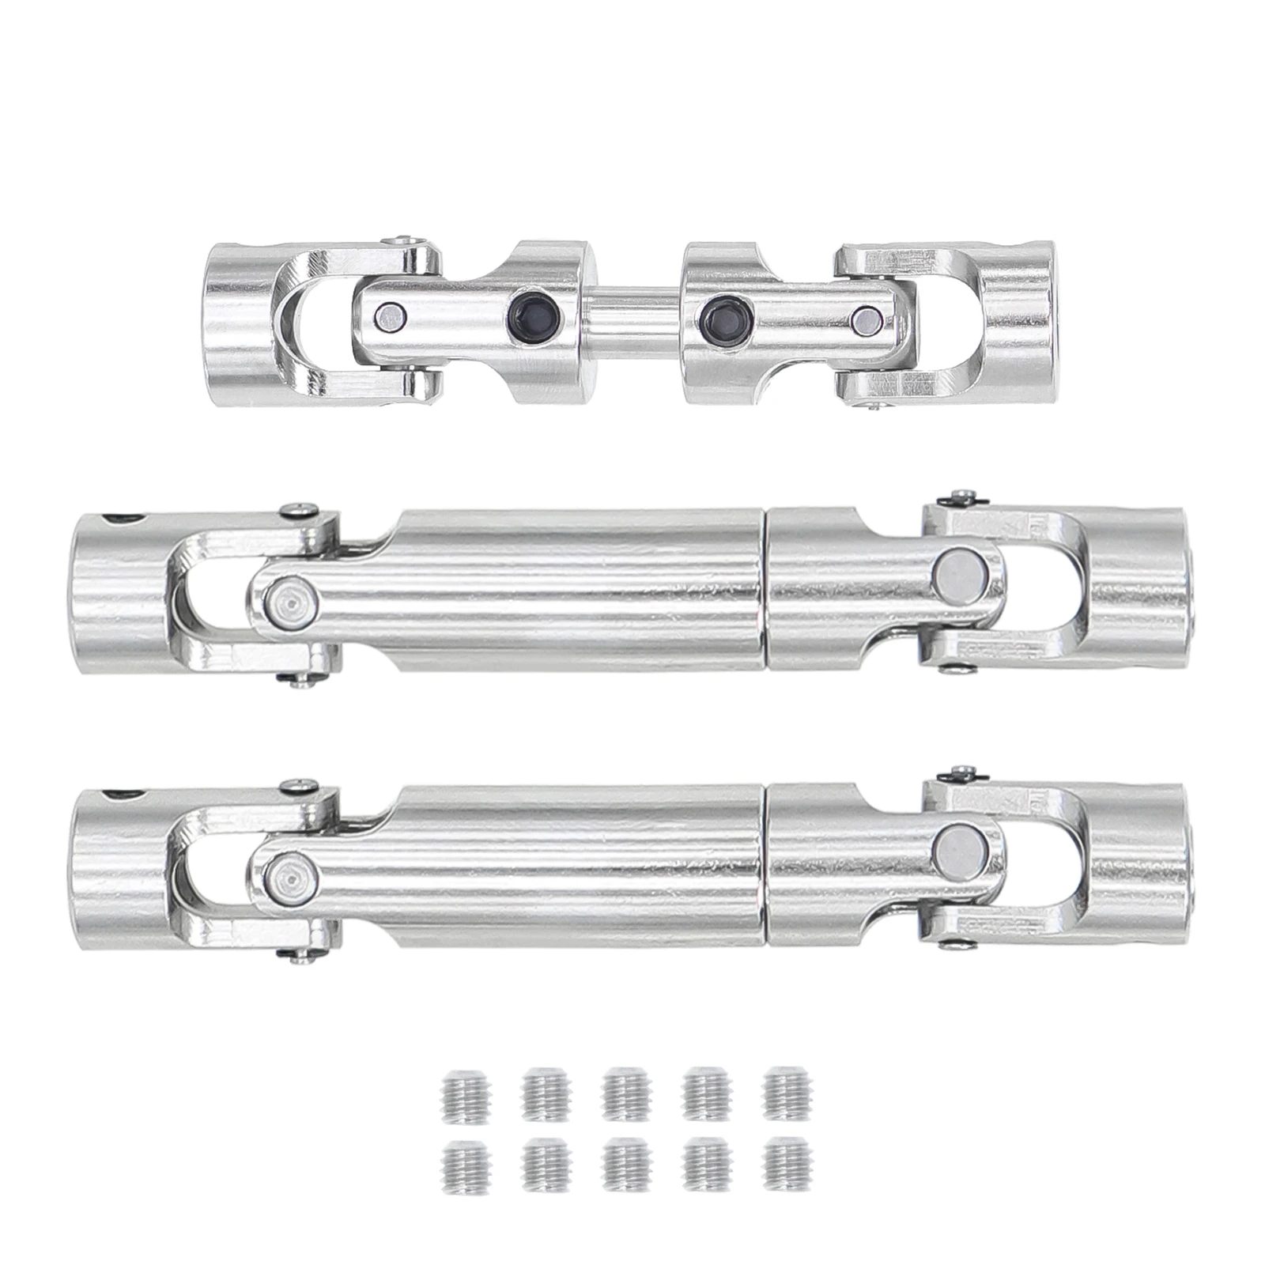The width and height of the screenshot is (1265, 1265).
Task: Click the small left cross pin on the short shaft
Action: (x=386, y=315)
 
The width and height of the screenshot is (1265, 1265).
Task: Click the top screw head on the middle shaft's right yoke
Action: (x=964, y=495)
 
